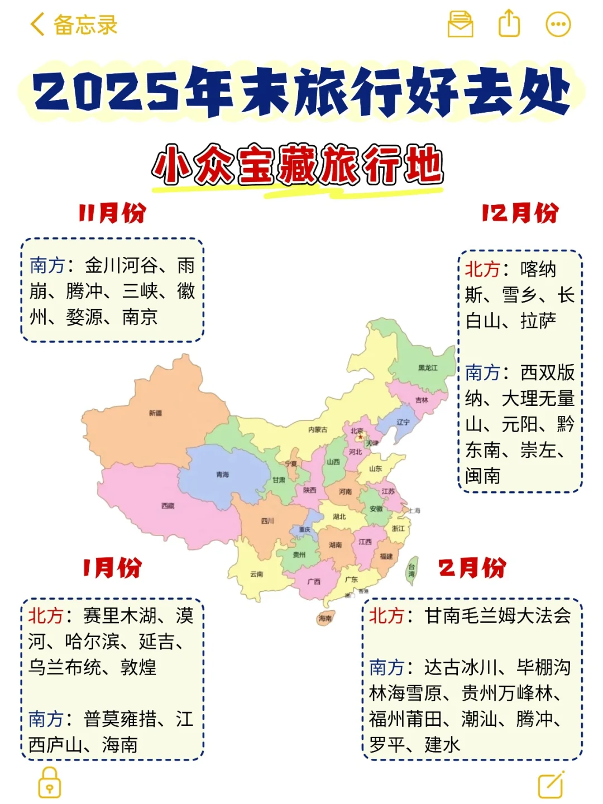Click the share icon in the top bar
509,24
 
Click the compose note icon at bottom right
551,784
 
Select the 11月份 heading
112,213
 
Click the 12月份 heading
520,213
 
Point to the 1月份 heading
112,568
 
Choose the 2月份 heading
472,568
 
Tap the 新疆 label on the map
156,413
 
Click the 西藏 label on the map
168,506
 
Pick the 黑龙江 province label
428,368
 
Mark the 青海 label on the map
223,475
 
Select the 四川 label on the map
268,521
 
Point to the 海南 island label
325,618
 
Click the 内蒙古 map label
318,430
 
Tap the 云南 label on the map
257,574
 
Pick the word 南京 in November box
140,317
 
